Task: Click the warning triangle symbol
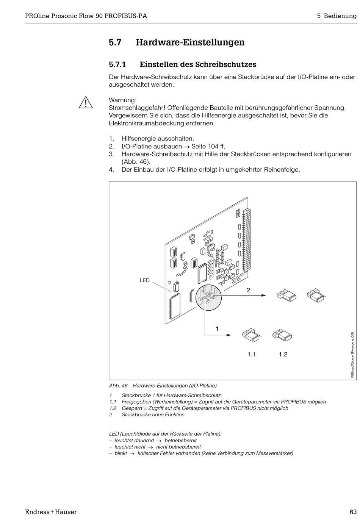pos(86,103)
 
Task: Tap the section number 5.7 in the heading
pos(115,42)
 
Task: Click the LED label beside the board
pos(145,281)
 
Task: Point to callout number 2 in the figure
pos(248,290)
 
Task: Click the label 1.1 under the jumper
pos(252,355)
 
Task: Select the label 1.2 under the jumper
pos(283,355)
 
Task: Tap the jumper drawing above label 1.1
pos(251,335)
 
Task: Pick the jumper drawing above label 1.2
pos(282,335)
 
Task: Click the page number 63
pos(353,512)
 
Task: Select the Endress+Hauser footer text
pos(51,512)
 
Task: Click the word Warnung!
pos(123,100)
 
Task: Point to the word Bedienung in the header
pos(340,16)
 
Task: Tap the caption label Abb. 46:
pos(119,386)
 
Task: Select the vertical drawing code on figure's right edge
pos(352,355)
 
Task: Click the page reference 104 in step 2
pos(213,147)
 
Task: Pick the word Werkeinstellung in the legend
pos(172,402)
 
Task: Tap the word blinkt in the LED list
pos(121,453)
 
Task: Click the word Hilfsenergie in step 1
pos(139,139)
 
